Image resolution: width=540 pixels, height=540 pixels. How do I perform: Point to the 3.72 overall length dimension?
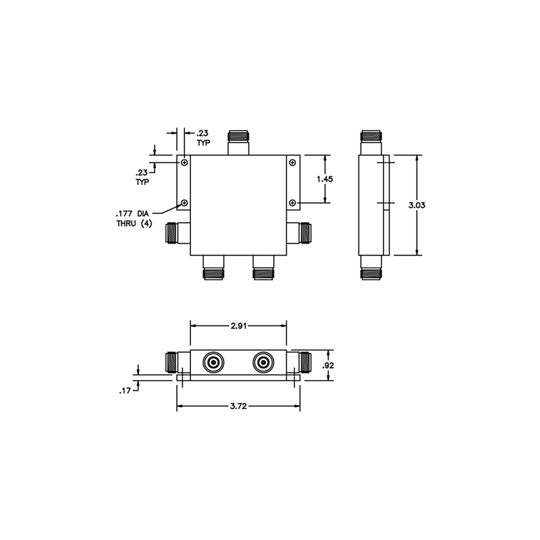pos(238,406)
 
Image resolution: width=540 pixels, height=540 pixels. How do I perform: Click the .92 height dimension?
pos(329,365)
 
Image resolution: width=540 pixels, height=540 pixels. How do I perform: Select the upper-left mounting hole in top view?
pos(184,163)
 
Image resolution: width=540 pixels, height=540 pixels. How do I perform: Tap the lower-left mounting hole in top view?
pos(184,202)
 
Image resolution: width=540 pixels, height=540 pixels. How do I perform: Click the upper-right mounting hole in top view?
pos(292,163)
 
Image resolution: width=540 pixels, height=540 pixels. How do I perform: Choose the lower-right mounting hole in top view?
pos(292,202)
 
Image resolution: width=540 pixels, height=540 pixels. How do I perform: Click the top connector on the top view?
pos(238,141)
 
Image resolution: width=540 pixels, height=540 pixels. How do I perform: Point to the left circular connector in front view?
pos(214,364)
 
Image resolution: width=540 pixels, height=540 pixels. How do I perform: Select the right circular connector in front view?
pos(263,364)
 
